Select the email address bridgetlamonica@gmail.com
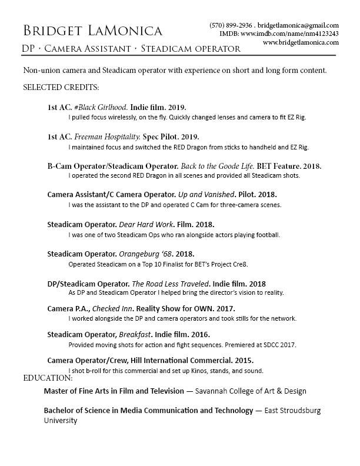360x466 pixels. (298, 26)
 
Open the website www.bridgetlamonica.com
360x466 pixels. (301, 43)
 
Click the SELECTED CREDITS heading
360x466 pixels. (61, 87)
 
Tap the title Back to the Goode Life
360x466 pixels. (212, 167)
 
